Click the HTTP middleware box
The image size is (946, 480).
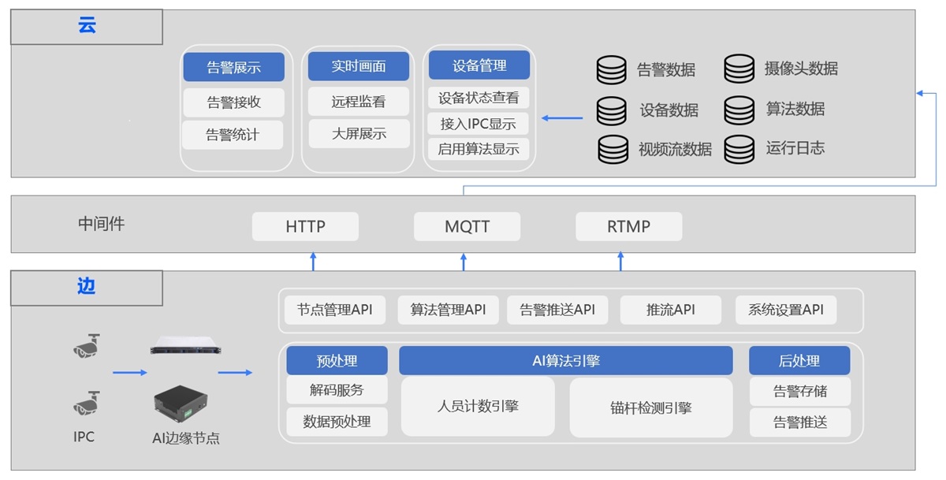click(x=305, y=226)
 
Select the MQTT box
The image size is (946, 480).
click(x=467, y=226)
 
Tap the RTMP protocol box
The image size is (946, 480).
click(x=628, y=226)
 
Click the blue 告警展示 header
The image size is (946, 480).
click(x=233, y=67)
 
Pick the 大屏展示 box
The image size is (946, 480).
click(x=359, y=133)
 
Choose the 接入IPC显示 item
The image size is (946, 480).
click(x=479, y=124)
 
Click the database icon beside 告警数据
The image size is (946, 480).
click(x=611, y=70)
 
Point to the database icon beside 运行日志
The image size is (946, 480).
click(x=739, y=148)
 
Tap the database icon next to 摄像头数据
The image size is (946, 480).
click(x=739, y=69)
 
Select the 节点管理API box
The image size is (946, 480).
click(x=335, y=310)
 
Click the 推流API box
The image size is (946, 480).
click(x=671, y=310)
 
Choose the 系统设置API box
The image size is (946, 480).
click(x=785, y=310)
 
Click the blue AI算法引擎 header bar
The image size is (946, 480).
click(x=566, y=361)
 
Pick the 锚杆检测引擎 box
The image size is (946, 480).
click(x=651, y=407)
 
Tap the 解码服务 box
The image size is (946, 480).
click(x=337, y=390)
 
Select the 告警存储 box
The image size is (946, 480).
click(x=799, y=391)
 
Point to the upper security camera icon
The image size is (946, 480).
click(x=87, y=344)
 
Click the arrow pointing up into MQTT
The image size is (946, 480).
click(x=464, y=262)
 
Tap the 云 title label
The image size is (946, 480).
click(x=87, y=26)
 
